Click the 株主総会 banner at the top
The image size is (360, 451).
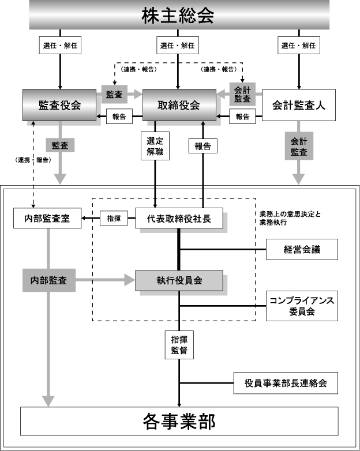click(x=179, y=14)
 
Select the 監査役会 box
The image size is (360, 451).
click(x=59, y=105)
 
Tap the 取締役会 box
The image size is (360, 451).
click(x=179, y=105)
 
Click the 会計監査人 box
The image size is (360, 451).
click(x=299, y=105)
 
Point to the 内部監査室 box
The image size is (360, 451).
click(x=47, y=219)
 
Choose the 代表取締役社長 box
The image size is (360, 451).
click(x=179, y=219)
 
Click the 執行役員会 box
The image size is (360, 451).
click(x=179, y=280)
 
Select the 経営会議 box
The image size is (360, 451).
click(x=302, y=249)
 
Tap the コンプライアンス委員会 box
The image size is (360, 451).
click(x=302, y=306)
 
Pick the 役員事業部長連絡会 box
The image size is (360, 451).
click(x=286, y=383)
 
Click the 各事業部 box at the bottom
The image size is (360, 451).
click(x=179, y=421)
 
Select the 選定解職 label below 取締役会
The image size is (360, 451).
click(x=155, y=146)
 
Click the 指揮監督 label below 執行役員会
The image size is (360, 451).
click(x=179, y=345)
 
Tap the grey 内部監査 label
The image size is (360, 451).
click(x=49, y=280)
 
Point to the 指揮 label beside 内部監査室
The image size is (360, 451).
click(x=114, y=219)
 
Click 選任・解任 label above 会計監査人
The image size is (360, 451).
click(x=299, y=45)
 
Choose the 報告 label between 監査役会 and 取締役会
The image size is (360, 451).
click(x=119, y=116)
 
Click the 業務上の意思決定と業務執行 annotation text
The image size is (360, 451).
click(x=290, y=218)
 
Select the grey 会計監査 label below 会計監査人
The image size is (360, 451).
click(x=299, y=146)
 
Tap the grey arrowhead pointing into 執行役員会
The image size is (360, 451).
click(x=130, y=280)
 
